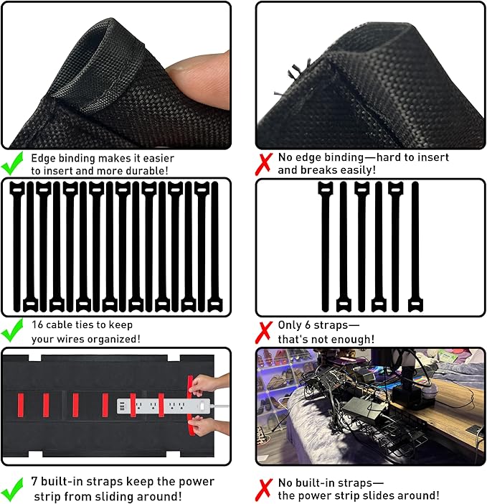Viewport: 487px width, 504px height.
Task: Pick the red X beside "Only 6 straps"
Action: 265,331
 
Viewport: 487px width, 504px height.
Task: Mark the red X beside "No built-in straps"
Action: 265,488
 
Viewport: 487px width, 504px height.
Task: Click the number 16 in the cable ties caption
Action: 38,325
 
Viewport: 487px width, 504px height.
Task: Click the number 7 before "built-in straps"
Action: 35,481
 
